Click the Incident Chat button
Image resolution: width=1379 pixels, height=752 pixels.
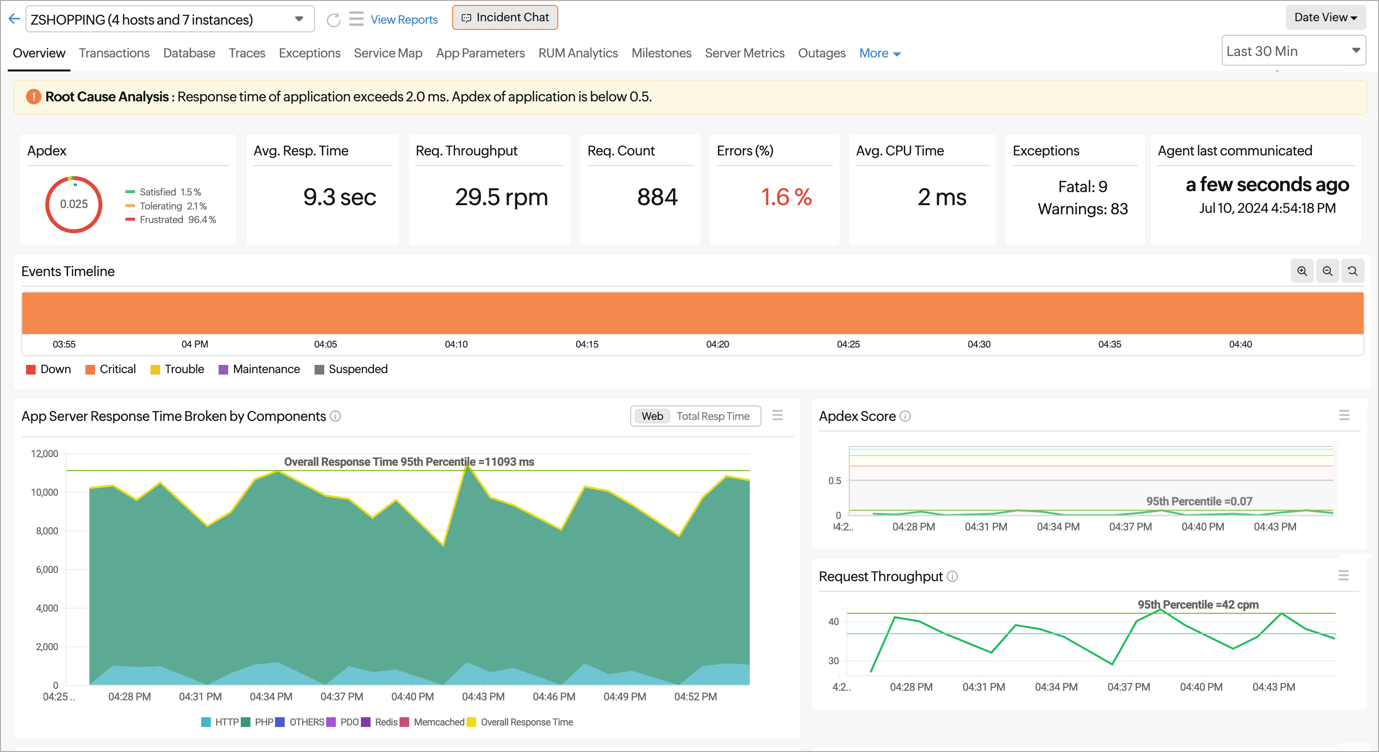click(505, 18)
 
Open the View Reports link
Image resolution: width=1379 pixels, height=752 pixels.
click(404, 20)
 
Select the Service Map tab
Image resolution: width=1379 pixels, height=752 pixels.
click(387, 53)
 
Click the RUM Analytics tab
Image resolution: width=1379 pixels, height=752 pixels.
click(578, 53)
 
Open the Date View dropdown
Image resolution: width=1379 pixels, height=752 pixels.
click(1325, 18)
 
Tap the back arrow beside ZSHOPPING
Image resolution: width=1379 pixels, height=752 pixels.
click(14, 19)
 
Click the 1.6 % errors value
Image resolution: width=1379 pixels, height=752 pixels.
click(786, 197)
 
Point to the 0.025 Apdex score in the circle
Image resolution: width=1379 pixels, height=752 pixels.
click(73, 204)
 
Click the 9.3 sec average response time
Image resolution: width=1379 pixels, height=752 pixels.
click(339, 197)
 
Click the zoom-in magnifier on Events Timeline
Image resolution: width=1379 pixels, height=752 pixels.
click(1302, 272)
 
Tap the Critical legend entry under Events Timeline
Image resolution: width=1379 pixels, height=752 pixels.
click(111, 369)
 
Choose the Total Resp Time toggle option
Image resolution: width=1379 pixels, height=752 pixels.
click(713, 416)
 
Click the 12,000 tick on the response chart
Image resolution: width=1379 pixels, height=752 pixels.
click(44, 454)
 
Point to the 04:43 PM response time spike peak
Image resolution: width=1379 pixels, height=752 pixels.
click(468, 466)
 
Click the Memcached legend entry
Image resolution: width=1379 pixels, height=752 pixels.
click(438, 722)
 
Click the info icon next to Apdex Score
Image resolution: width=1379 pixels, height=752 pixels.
click(905, 416)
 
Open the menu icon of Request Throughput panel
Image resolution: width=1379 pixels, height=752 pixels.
click(1343, 576)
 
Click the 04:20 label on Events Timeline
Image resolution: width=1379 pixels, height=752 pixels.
click(717, 345)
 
